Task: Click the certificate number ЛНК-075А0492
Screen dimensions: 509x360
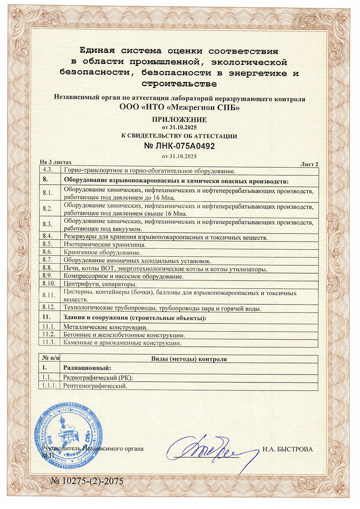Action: point(180,146)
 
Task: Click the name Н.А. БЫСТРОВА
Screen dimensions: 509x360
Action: point(287,449)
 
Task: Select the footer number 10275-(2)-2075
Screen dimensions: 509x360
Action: point(87,481)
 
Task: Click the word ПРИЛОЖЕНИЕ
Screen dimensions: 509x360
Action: point(180,120)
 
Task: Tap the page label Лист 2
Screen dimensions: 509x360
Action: point(309,163)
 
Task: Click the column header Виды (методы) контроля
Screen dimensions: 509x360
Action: point(189,359)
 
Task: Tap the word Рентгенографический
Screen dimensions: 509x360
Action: point(96,386)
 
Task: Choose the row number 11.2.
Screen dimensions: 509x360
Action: point(50,335)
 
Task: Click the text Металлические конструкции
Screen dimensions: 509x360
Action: point(105,327)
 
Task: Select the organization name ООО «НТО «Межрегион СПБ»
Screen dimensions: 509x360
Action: point(180,108)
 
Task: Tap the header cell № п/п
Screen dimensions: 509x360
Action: point(50,359)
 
